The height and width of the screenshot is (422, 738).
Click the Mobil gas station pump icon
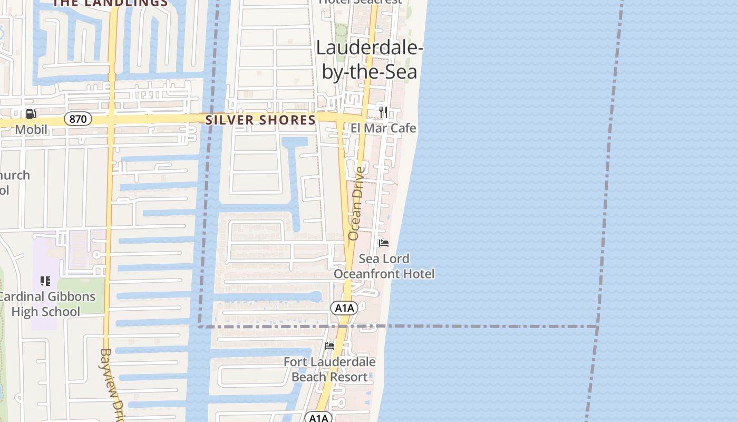[x=31, y=113]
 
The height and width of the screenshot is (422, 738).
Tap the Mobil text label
[x=31, y=129]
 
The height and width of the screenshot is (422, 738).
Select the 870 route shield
[x=78, y=119]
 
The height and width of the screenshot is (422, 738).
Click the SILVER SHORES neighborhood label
[x=260, y=120]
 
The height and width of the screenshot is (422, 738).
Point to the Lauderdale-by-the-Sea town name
[x=370, y=60]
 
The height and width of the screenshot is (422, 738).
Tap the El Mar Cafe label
[x=383, y=128]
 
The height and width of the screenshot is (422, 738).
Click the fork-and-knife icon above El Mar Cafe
[x=383, y=112]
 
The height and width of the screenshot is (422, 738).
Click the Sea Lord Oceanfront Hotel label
[x=384, y=266]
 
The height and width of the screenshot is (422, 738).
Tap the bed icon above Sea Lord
[x=384, y=243]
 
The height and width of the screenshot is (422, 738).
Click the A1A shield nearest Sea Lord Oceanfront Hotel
[x=344, y=308]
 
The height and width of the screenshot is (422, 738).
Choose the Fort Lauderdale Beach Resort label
[x=329, y=369]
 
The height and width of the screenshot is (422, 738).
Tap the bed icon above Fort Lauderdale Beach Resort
[x=329, y=346]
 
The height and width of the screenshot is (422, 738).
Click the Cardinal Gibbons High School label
[x=46, y=304]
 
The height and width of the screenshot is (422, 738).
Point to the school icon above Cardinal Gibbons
[x=45, y=281]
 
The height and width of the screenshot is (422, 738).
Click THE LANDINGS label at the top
[x=110, y=3]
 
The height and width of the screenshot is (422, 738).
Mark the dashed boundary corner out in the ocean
[x=598, y=327]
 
